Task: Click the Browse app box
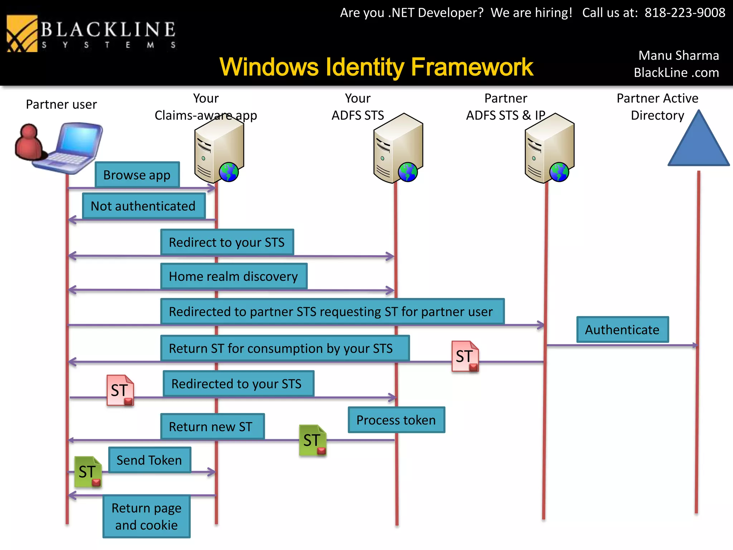pyautogui.click(x=137, y=175)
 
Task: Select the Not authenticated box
pyautogui.click(x=144, y=206)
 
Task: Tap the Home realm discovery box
pyautogui.click(x=234, y=276)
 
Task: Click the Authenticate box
pyautogui.click(x=622, y=329)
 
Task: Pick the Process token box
pyautogui.click(x=396, y=420)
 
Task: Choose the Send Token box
pyautogui.click(x=149, y=460)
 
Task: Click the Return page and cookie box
pyautogui.click(x=146, y=516)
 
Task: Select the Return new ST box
pyautogui.click(x=212, y=426)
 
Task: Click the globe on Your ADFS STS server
pyautogui.click(x=408, y=172)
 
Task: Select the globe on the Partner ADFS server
pyautogui.click(x=559, y=172)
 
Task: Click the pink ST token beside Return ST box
pyautogui.click(x=465, y=356)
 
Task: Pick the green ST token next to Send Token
pyautogui.click(x=88, y=472)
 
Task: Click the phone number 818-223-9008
pyautogui.click(x=685, y=13)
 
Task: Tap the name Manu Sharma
pyautogui.click(x=679, y=56)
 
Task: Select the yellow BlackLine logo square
pyautogui.click(x=22, y=34)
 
